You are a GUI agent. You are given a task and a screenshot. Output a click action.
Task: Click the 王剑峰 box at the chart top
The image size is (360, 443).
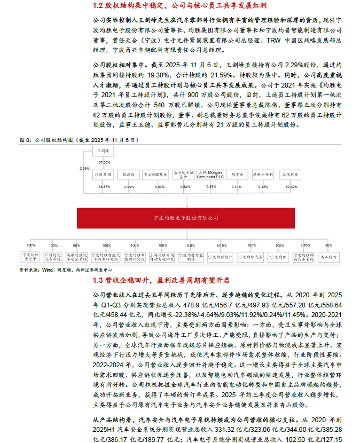point(103,152)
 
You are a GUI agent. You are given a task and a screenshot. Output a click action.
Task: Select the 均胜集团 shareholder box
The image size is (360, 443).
point(103,174)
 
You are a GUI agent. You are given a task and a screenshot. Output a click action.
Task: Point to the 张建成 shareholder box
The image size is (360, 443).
point(130,174)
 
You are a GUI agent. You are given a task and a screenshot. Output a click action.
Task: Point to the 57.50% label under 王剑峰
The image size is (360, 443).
point(104,162)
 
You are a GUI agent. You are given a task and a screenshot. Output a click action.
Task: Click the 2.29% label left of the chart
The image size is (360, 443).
point(84,168)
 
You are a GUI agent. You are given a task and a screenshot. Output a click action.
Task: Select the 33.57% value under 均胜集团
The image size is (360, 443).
point(104,187)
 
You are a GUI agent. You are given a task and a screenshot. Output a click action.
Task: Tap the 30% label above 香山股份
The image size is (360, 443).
point(328,245)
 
